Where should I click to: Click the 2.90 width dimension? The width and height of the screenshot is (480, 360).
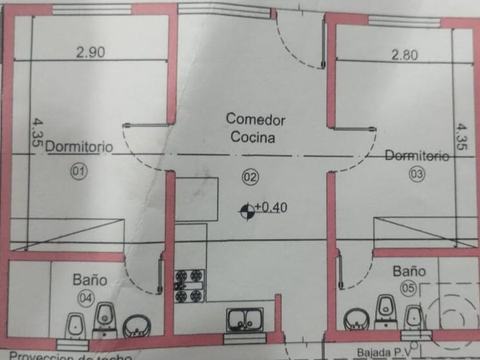pos(90,53)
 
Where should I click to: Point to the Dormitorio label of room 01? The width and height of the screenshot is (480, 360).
pos(79,146)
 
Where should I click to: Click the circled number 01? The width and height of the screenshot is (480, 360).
pos(79,170)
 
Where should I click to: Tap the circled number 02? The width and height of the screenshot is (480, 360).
pos(250,178)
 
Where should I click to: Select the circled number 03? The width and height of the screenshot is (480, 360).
pos(417,174)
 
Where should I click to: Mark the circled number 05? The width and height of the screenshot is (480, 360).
pos(408,289)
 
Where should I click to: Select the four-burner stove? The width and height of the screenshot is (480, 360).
pos(189,285)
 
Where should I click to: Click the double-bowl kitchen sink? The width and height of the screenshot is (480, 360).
pos(245,320)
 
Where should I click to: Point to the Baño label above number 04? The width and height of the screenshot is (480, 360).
pos(90,280)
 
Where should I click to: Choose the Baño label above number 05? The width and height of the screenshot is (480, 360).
pos(409,270)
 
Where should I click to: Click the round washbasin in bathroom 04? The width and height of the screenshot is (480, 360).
pos(136,327)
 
